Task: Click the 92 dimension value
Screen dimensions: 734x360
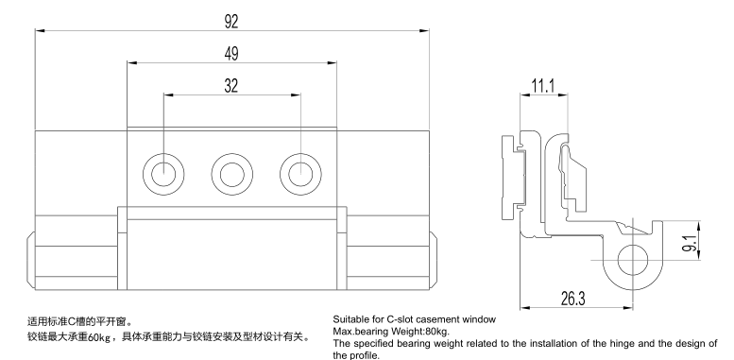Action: (231, 22)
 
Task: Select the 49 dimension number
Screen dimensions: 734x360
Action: (231, 54)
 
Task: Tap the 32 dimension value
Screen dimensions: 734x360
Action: (231, 86)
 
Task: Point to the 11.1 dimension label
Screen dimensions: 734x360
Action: (543, 86)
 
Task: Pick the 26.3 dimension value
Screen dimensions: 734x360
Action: (573, 299)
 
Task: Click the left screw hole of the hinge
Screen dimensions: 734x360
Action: (163, 174)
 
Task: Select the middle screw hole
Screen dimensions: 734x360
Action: (232, 174)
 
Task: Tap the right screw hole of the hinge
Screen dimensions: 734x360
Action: (300, 174)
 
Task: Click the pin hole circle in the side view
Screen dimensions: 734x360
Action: (633, 260)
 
